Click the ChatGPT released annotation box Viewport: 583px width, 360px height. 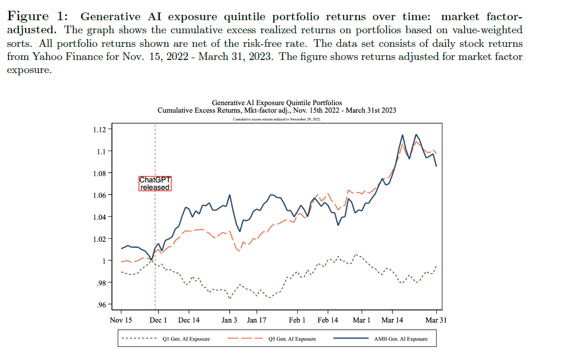tap(155, 184)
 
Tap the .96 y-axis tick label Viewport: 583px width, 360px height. tap(100, 305)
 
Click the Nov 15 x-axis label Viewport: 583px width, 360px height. tap(121, 320)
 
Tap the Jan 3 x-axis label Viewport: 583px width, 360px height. tap(229, 320)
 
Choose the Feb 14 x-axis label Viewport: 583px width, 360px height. tap(327, 320)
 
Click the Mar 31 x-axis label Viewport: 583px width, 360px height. tap(437, 320)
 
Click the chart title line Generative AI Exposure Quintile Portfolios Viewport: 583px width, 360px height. tap(277, 103)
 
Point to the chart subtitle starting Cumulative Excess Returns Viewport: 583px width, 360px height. tap(277, 110)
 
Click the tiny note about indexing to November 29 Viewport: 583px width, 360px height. tap(277, 119)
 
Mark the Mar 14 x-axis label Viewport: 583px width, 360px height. tap(392, 320)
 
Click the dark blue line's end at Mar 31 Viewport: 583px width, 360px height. tap(437, 166)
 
